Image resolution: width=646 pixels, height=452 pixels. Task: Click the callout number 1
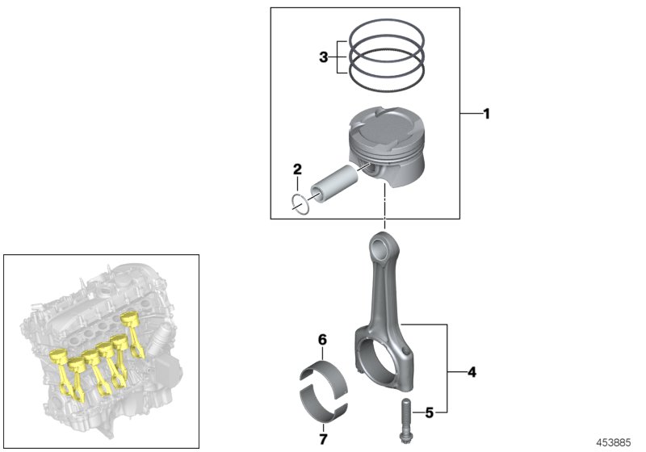click(486, 115)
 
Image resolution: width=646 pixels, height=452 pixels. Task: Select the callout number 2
click(297, 169)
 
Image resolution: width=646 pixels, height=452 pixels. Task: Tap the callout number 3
click(323, 57)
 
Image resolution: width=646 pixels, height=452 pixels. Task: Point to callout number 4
click(472, 372)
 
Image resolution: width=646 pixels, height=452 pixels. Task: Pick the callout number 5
click(430, 412)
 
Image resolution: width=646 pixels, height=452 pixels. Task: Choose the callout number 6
click(321, 341)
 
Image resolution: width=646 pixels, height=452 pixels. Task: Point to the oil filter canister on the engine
click(167, 334)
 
